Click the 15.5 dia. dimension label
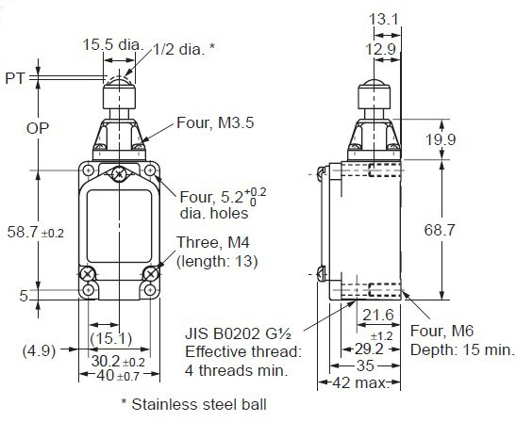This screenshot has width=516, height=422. tap(113, 44)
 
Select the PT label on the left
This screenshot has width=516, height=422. tap(15, 78)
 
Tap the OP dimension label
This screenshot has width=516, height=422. tap(38, 128)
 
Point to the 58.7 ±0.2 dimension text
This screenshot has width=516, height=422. tap(36, 232)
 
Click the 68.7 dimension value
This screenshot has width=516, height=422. tap(440, 230)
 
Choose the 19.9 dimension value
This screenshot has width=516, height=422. tap(441, 139)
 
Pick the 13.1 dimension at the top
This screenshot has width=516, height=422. tap(384, 19)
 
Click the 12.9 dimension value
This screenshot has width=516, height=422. tap(381, 49)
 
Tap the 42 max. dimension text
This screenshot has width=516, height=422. tap(360, 382)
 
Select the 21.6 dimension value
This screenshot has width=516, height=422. tap(378, 315)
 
